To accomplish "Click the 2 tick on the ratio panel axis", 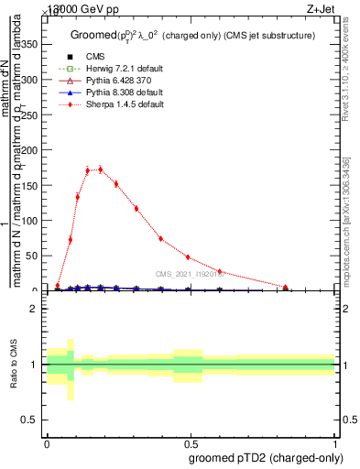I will (37, 309).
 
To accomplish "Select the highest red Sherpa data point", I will (99, 169).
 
